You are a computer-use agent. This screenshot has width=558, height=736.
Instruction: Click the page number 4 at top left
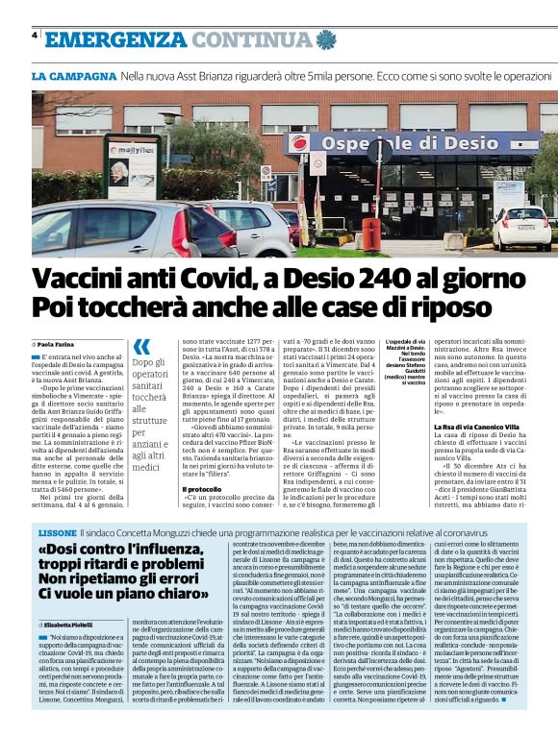35,36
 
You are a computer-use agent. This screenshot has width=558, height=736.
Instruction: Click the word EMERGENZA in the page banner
114,38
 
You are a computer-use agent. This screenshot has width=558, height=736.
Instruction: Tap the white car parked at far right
525,227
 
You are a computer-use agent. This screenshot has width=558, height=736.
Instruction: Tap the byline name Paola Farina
59,343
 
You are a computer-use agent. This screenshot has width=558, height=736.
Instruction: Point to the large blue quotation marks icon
141,346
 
